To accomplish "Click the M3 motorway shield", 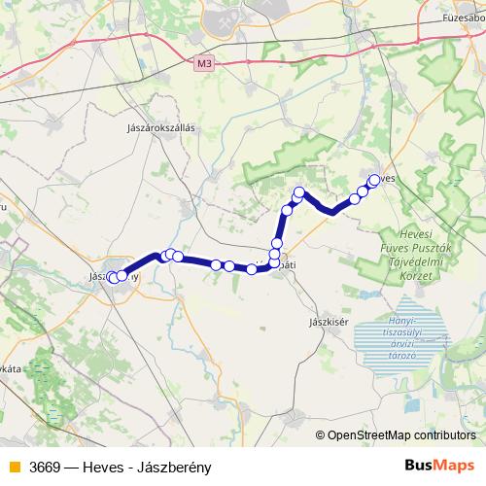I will (x=203, y=64).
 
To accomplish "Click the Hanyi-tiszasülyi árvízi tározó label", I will (x=402, y=337).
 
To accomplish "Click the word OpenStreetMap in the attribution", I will (x=370, y=435).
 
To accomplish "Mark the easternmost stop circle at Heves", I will (x=375, y=179).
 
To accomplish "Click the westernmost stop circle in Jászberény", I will (x=113, y=277).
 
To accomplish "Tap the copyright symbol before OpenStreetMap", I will (x=321, y=435).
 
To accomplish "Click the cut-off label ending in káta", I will (x=13, y=368).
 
